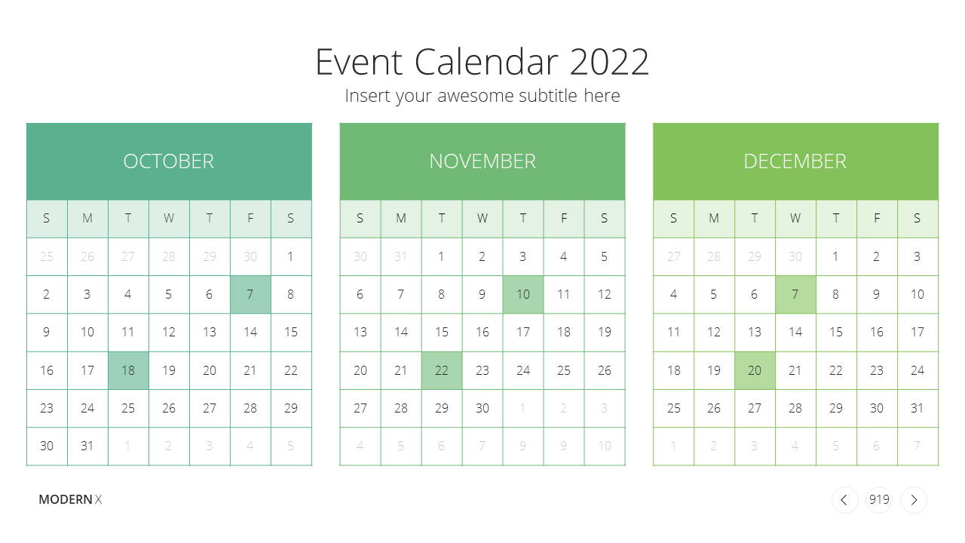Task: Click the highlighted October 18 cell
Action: coord(128,370)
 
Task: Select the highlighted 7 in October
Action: coord(250,294)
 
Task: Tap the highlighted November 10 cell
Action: coord(523,294)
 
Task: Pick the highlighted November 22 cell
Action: coord(442,370)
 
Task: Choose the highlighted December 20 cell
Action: coord(755,370)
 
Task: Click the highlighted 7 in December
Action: coord(795,294)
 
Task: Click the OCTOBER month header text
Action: coord(168,161)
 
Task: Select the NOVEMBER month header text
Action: coord(482,161)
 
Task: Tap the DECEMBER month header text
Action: coord(795,161)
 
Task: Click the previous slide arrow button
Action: coord(844,500)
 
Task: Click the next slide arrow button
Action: coord(914,500)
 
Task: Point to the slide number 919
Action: coord(879,499)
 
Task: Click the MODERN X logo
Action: coord(70,499)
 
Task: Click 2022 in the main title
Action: coord(609,62)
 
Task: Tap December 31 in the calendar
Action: coord(918,408)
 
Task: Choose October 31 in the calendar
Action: coord(87,446)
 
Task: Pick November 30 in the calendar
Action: coord(482,408)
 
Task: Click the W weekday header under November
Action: coord(482,219)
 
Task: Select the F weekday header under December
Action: coord(877,219)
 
